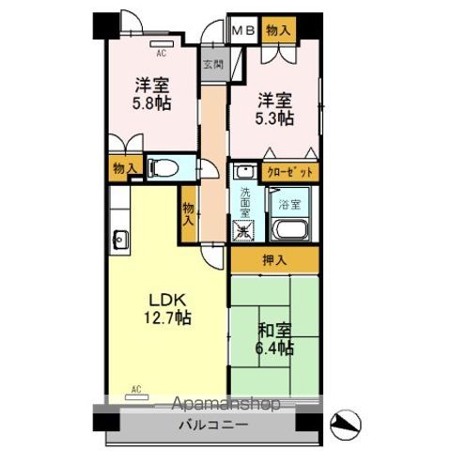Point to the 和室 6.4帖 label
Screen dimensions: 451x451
(276, 339)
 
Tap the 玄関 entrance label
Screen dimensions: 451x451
(212, 65)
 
